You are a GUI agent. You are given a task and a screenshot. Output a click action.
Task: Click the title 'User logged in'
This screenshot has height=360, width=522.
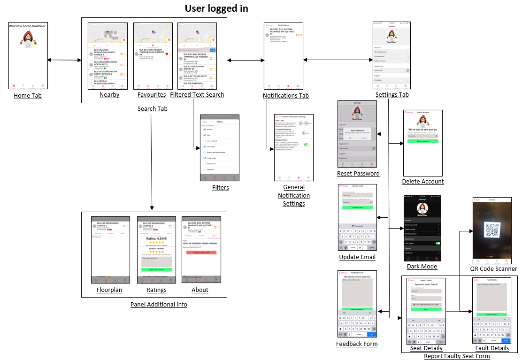click(216, 8)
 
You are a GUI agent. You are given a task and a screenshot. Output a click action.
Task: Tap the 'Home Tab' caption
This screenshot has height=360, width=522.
click(28, 96)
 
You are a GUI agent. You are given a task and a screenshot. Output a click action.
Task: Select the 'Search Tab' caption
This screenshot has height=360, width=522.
click(152, 109)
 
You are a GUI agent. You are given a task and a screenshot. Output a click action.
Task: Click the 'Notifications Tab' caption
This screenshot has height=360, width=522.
click(286, 96)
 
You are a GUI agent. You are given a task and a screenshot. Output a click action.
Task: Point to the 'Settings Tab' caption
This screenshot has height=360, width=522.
click(392, 95)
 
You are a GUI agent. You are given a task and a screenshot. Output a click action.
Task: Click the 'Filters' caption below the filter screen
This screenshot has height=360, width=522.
click(220, 188)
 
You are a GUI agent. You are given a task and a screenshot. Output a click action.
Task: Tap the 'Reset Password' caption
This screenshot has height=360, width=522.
click(358, 174)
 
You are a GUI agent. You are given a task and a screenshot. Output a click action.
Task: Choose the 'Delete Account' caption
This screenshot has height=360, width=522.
click(423, 181)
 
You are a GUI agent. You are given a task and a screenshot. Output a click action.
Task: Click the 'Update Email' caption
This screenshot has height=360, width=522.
click(357, 257)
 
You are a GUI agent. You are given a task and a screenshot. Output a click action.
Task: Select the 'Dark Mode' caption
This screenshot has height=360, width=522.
click(422, 266)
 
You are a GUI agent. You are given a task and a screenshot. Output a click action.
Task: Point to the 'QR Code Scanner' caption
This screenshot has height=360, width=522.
click(493, 269)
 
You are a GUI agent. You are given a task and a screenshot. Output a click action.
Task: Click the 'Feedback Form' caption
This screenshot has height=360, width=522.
click(357, 344)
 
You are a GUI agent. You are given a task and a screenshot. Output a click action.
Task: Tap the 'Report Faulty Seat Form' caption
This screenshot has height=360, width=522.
click(457, 356)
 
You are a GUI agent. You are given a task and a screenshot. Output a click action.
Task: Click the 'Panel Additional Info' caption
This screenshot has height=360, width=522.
click(159, 305)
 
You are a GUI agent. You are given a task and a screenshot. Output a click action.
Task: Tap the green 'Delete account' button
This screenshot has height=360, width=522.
click(423, 141)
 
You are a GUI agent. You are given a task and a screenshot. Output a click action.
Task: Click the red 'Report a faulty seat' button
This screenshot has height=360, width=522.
click(201, 253)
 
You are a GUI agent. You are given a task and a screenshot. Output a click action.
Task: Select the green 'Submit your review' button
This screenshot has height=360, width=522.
click(156, 270)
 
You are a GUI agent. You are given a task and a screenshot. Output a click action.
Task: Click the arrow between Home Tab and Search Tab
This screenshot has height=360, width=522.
click(64, 60)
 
